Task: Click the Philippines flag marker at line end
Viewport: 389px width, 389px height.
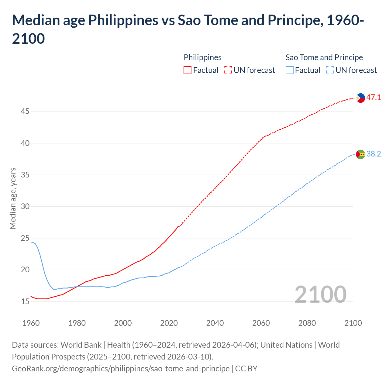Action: coord(360,98)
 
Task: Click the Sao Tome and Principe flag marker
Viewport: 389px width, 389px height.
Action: coord(360,154)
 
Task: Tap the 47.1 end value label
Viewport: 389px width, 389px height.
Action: coord(374,98)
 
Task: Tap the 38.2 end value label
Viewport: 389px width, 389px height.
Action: coord(374,154)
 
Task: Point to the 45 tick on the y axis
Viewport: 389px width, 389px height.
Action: coord(25,112)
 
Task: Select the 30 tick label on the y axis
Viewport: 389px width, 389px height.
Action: coord(25,207)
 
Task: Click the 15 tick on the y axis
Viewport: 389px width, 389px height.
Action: coord(25,302)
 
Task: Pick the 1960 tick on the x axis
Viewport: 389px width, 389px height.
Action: coord(31,323)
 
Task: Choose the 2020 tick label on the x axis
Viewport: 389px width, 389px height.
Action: coord(169,323)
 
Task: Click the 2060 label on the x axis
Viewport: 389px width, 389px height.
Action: coord(261,323)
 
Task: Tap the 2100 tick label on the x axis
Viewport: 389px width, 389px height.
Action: coord(353,323)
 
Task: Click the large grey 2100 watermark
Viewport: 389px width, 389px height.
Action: coord(321,294)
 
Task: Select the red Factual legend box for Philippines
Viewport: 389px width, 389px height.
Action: coord(188,71)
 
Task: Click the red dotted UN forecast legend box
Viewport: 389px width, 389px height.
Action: coord(228,71)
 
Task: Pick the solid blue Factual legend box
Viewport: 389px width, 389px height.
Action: coord(290,71)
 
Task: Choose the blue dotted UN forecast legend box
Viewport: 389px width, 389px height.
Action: coord(330,71)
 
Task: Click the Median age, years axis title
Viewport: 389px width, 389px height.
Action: coord(13,198)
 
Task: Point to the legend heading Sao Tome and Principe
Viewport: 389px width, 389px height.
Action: coord(324,57)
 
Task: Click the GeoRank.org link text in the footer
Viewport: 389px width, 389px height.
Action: coord(121,369)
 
